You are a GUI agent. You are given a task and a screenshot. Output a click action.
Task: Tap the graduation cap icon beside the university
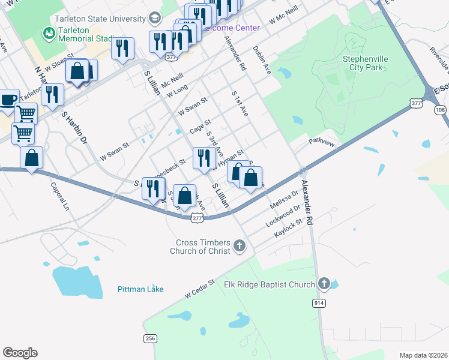[x=155, y=17]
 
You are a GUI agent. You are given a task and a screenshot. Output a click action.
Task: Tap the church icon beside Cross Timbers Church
[x=240, y=245]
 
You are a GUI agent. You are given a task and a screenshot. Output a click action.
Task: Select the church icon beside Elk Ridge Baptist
[x=324, y=283]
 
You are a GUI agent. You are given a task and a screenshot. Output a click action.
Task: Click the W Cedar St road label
[x=200, y=289]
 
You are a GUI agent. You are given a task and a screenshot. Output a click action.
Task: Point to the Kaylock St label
[x=287, y=232]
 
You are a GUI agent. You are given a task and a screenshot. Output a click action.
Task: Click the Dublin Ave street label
[x=262, y=60]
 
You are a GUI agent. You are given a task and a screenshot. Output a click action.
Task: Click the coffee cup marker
[x=8, y=100]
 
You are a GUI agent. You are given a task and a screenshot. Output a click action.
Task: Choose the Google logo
[x=20, y=353]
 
